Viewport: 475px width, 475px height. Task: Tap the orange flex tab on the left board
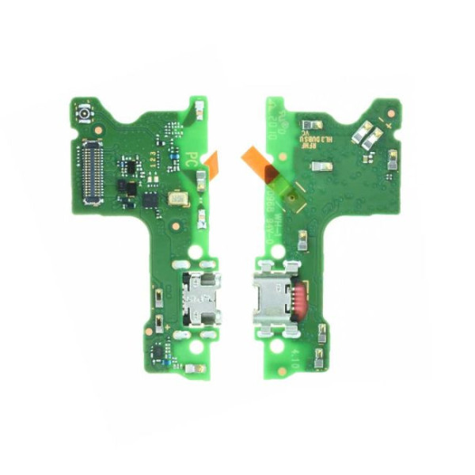211,161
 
